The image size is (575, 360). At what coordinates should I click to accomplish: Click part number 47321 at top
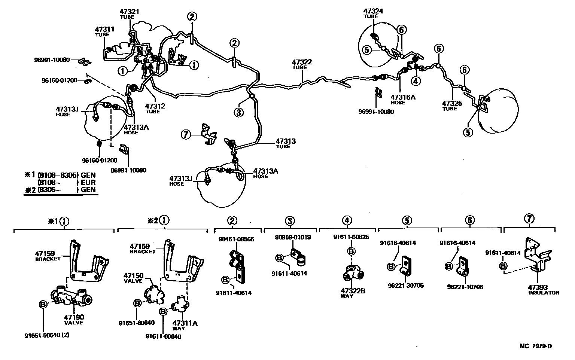coord(130,12)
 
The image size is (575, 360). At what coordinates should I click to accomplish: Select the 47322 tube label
coord(302,62)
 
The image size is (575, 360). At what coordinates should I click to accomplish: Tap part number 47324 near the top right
coord(373,11)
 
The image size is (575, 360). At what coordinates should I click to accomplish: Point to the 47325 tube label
coord(452,104)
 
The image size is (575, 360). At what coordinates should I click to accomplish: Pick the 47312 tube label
coord(155,106)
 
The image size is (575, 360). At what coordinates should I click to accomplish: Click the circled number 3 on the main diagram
coord(239,112)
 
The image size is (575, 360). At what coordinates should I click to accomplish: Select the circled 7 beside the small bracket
coord(186,134)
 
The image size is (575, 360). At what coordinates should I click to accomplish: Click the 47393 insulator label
coord(538,287)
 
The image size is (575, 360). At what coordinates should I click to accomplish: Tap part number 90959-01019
coord(292,237)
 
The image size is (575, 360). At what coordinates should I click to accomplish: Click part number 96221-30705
coord(407,285)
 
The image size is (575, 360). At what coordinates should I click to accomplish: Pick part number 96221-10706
coord(465,287)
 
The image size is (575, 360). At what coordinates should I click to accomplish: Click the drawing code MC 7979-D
coord(535,346)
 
